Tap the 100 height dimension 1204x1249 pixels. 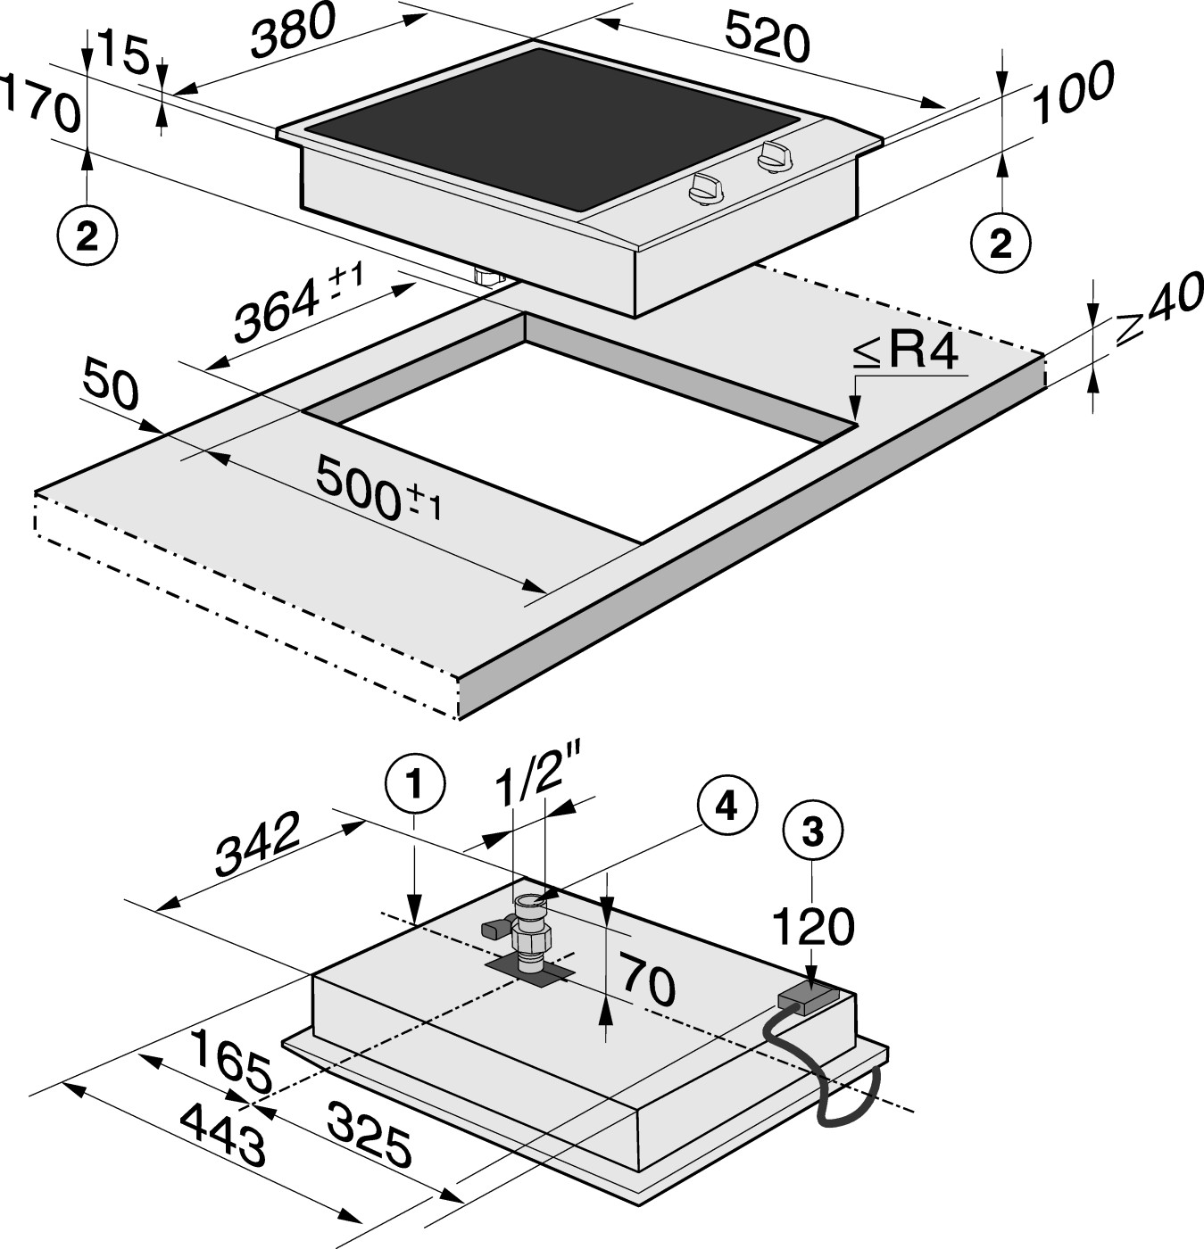tap(1073, 92)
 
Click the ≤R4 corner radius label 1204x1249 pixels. tap(905, 352)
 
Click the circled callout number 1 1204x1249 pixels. tap(414, 785)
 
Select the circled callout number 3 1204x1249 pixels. tap(812, 831)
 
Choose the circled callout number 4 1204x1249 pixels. tap(727, 806)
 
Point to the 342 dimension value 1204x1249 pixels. tap(257, 844)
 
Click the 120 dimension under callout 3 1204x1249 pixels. tap(813, 926)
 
